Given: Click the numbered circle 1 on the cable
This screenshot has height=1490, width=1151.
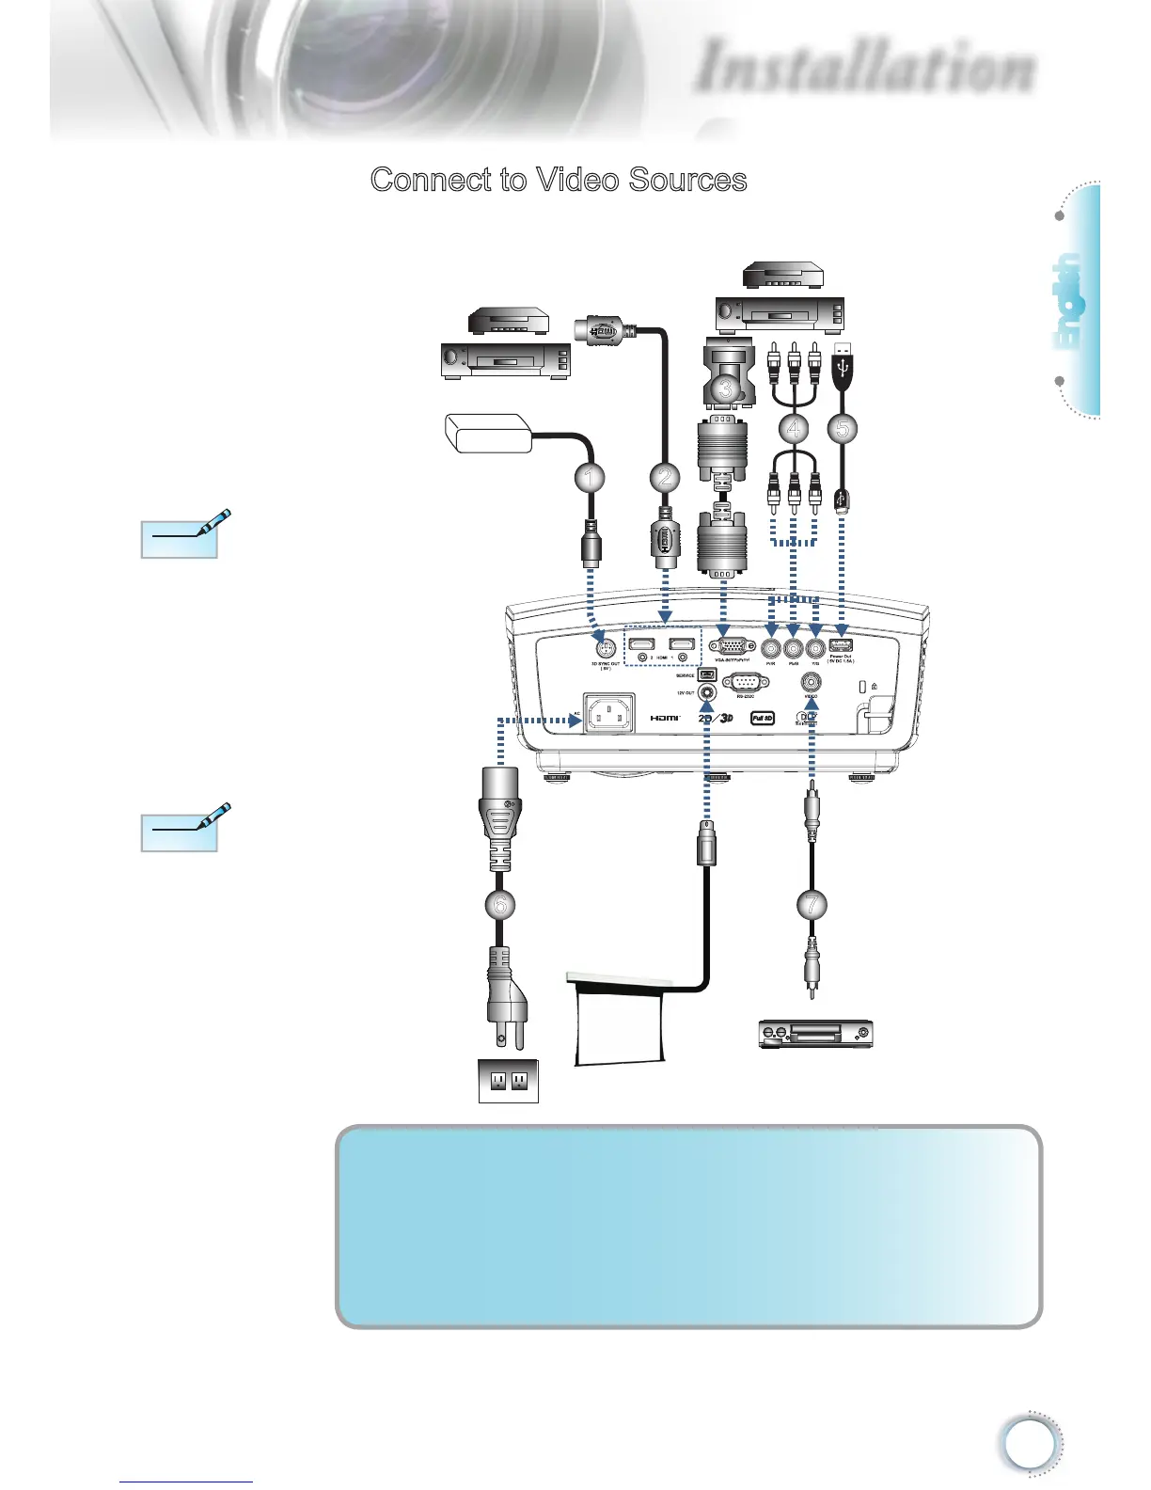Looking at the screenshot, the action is (x=590, y=478).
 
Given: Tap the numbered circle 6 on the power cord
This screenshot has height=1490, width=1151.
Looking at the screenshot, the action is (x=500, y=905).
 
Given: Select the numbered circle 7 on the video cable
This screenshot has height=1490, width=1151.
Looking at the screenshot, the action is (x=812, y=905).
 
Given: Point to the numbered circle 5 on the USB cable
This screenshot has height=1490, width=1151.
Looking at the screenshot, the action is (x=843, y=429).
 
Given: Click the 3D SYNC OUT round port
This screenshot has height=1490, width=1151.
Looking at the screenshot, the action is (x=607, y=646).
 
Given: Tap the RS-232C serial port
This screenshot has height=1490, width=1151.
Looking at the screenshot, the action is (x=745, y=681).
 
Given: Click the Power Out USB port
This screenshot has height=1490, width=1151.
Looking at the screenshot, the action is (x=841, y=645).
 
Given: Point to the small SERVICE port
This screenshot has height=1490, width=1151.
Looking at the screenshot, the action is (x=707, y=675).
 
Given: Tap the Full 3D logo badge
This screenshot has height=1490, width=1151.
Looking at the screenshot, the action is (x=763, y=719).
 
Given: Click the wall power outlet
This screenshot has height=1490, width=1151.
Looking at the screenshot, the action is (x=508, y=1081).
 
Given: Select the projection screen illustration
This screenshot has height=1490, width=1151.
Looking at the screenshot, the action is (x=621, y=1021).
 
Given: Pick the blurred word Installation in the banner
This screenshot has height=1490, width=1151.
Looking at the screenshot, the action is (x=865, y=68).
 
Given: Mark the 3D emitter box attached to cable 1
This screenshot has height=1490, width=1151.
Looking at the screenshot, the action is (x=488, y=433).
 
